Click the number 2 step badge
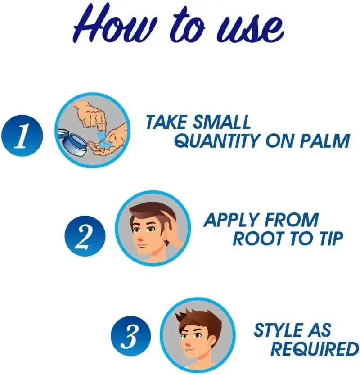point(85,236)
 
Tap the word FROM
point(292,220)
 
